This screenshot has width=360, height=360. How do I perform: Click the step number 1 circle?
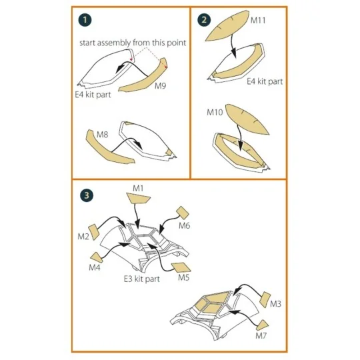85,20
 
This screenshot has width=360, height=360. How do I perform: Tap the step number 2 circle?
204,20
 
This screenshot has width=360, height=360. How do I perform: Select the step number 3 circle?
87,195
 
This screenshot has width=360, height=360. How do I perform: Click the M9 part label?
160,85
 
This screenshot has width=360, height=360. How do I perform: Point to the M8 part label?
102,134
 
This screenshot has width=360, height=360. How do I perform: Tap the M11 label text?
258,20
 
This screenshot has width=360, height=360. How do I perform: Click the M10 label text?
215,112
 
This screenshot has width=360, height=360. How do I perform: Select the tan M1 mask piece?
138,198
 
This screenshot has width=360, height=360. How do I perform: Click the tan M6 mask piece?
183,213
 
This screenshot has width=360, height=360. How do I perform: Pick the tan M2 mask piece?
94,231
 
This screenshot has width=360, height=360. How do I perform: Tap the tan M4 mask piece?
97,257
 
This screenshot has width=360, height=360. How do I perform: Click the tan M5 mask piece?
181,267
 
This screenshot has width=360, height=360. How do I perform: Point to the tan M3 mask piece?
265,300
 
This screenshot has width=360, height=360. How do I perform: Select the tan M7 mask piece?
263,325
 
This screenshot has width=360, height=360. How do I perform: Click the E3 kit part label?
141,279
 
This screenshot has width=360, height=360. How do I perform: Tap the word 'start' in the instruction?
87,43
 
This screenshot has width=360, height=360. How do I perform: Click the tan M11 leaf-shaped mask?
227,26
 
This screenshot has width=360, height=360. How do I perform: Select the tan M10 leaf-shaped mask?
247,119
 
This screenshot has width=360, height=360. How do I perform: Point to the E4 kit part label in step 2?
265,81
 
